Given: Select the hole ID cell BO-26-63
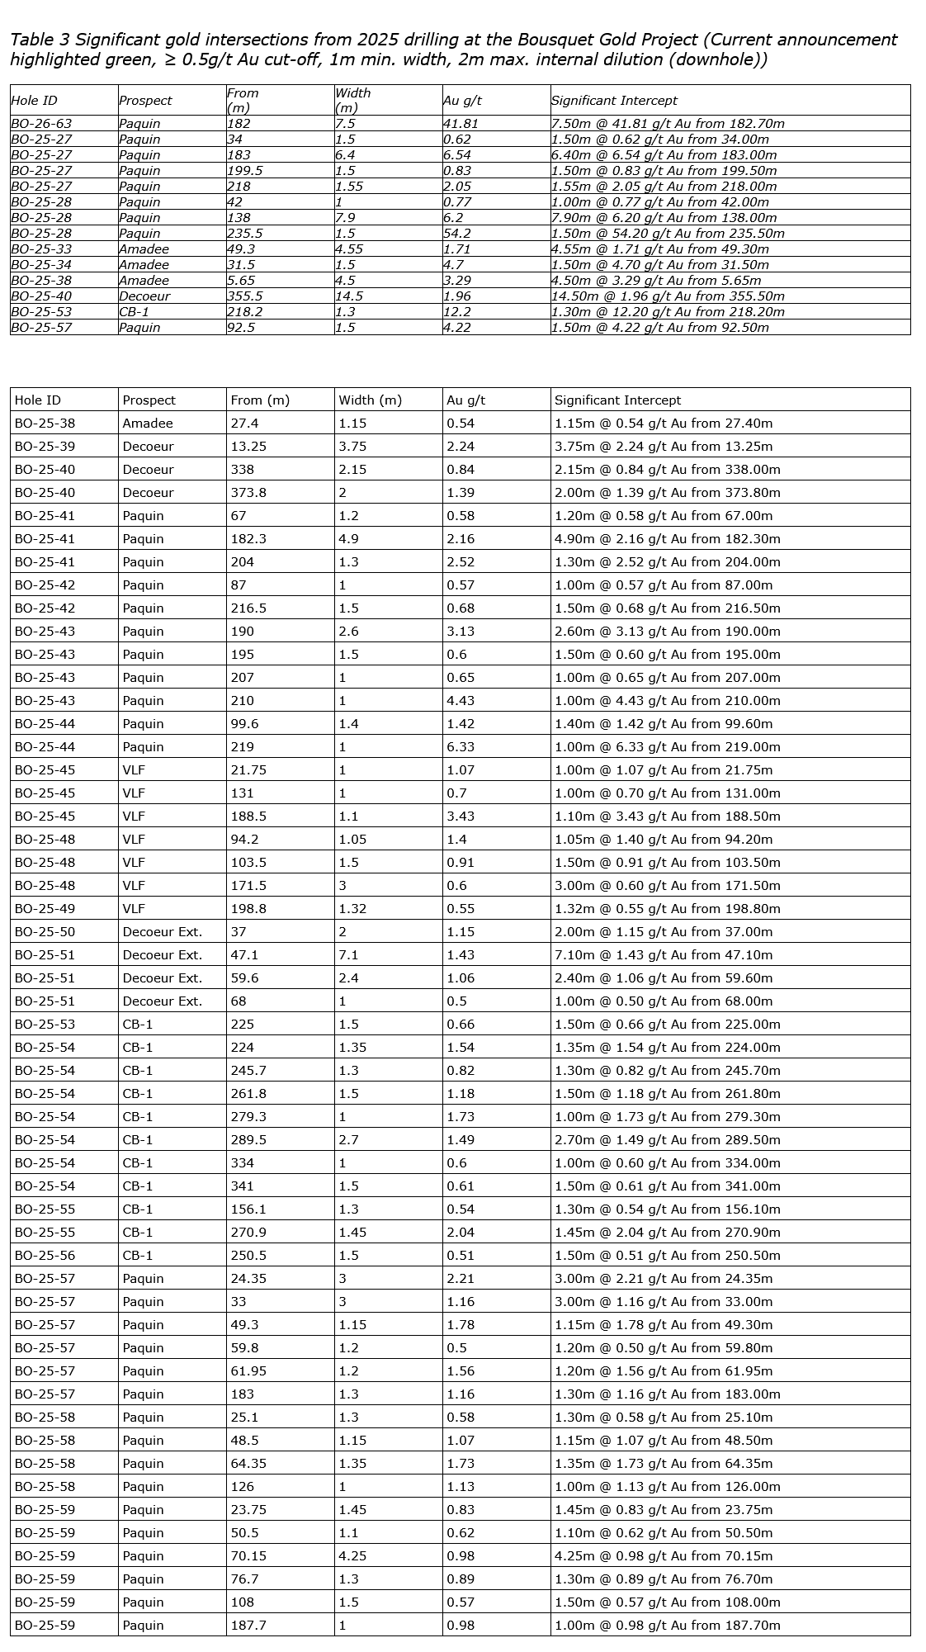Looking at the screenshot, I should click(x=40, y=124).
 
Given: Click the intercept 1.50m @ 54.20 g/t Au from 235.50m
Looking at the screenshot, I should click(x=668, y=234).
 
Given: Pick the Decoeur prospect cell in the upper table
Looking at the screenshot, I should click(x=144, y=296).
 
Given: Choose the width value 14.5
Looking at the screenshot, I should click(x=350, y=296).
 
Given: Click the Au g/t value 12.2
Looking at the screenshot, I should click(x=457, y=312).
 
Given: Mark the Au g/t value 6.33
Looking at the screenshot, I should click(x=461, y=747).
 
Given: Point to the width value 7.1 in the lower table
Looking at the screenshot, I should click(x=348, y=955).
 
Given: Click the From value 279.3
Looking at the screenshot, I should click(x=248, y=1117).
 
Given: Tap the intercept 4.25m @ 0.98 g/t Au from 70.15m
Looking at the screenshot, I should click(x=664, y=1556).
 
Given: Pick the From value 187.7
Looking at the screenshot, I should click(x=248, y=1626).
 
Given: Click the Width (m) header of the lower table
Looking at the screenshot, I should click(x=370, y=400).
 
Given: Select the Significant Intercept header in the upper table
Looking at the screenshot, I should click(x=614, y=101).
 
